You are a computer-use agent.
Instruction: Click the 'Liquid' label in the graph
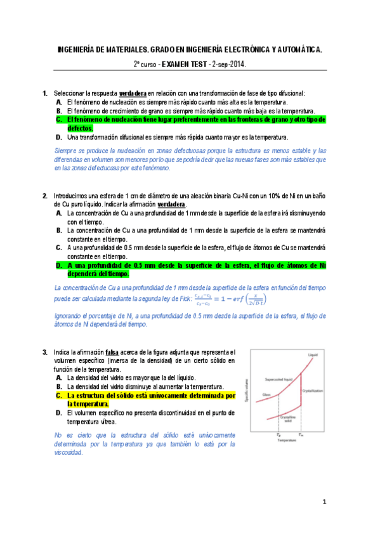(x=312, y=354)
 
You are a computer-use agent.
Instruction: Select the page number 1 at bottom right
(x=324, y=503)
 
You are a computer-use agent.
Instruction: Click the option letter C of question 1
(x=58, y=119)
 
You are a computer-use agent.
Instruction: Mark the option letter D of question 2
(x=58, y=266)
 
